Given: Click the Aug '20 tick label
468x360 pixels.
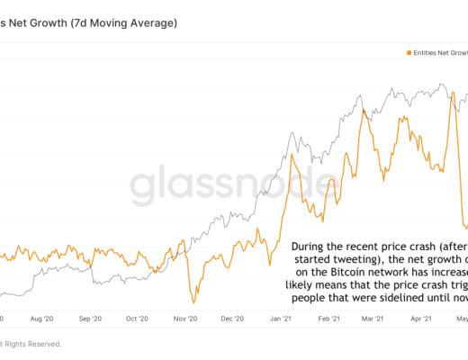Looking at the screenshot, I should tap(43, 319).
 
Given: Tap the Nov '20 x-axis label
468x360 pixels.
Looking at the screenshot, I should tap(185, 319).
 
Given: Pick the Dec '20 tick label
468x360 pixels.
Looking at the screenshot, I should tap(233, 319).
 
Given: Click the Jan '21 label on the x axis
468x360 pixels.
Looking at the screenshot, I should tap(281, 319).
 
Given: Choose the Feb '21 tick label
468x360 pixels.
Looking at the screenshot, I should tap(328, 319).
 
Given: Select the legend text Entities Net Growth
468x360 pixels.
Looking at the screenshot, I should tap(439, 54).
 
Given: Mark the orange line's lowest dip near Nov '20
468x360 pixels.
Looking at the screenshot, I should tap(193, 301).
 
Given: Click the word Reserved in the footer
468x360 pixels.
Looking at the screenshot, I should tap(43, 343).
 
